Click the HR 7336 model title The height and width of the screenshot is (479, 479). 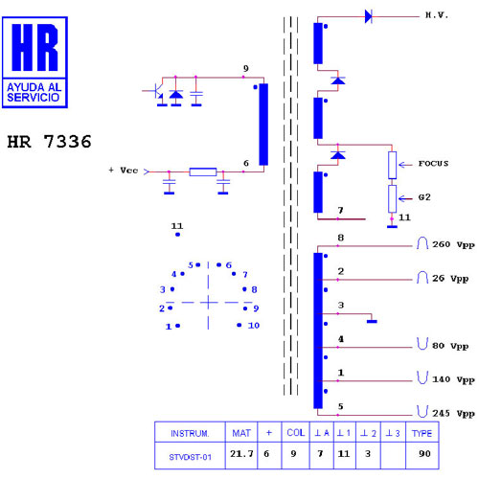pos(49,142)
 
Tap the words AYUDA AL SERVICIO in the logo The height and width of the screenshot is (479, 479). pos(34,92)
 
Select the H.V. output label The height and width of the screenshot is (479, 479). pos(437,15)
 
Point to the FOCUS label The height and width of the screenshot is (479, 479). pos(433,164)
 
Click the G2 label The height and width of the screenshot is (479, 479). pos(424,197)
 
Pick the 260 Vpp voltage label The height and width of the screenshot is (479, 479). pos(453,244)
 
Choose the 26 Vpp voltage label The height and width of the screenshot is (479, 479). pos(450,279)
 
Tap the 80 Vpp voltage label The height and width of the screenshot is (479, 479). pos(450,346)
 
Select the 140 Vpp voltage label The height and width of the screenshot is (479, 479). pos(453,379)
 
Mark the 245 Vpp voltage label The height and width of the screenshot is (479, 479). pos(453,414)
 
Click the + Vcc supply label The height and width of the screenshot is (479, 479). pos(124,171)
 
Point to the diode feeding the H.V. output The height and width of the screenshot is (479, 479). pos(369,16)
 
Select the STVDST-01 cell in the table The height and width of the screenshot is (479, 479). pos(190,457)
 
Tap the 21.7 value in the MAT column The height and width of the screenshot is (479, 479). pos(241,454)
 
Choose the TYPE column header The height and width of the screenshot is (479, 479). pos(422,433)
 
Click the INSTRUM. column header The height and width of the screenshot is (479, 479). pos(190,433)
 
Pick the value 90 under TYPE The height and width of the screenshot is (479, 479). pos(424,454)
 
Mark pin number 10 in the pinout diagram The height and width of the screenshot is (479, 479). pos(254,326)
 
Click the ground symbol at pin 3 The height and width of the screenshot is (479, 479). pos(372,321)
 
